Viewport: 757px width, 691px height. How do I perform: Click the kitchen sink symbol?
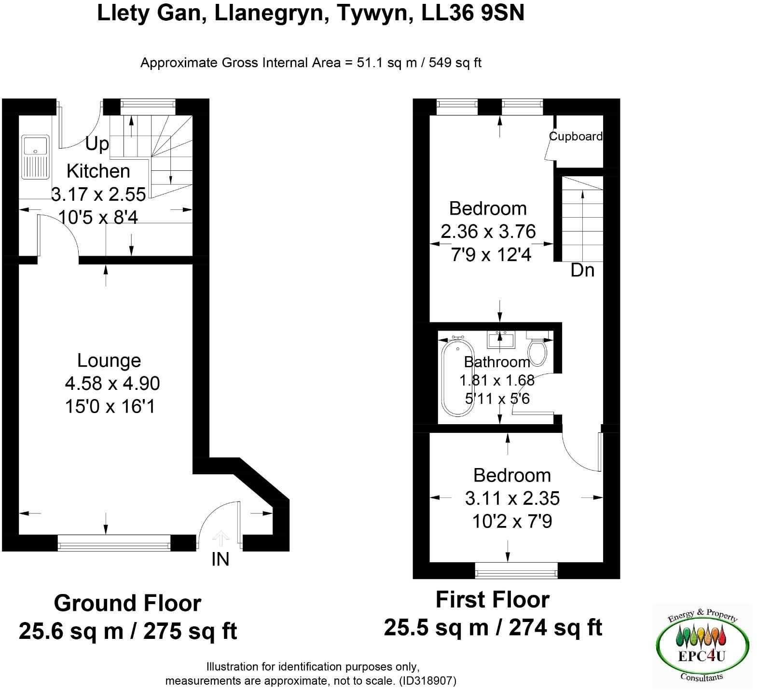pyautogui.click(x=35, y=157)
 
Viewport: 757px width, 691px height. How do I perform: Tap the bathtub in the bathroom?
pyautogui.click(x=456, y=377)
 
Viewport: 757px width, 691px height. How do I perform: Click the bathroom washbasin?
pyautogui.click(x=501, y=339)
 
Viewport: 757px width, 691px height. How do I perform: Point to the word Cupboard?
pyautogui.click(x=576, y=137)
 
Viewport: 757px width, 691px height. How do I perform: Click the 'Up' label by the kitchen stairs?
pyautogui.click(x=97, y=144)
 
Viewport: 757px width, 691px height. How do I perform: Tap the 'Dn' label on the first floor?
pyautogui.click(x=582, y=270)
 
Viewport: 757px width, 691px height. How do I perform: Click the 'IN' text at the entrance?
pyautogui.click(x=220, y=559)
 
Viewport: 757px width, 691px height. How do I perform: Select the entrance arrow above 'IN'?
pyautogui.click(x=220, y=538)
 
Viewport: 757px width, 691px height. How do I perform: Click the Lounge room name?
pyautogui.click(x=109, y=360)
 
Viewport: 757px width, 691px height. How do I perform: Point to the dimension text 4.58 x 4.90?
pyautogui.click(x=112, y=384)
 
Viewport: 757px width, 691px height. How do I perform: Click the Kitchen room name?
pyautogui.click(x=98, y=171)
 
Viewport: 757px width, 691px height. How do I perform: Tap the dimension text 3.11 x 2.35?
pyautogui.click(x=512, y=498)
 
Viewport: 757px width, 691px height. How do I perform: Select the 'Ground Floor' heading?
pyautogui.click(x=127, y=603)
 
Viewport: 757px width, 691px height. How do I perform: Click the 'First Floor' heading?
pyautogui.click(x=492, y=600)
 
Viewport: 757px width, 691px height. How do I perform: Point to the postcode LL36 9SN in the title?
pyautogui.click(x=473, y=13)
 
